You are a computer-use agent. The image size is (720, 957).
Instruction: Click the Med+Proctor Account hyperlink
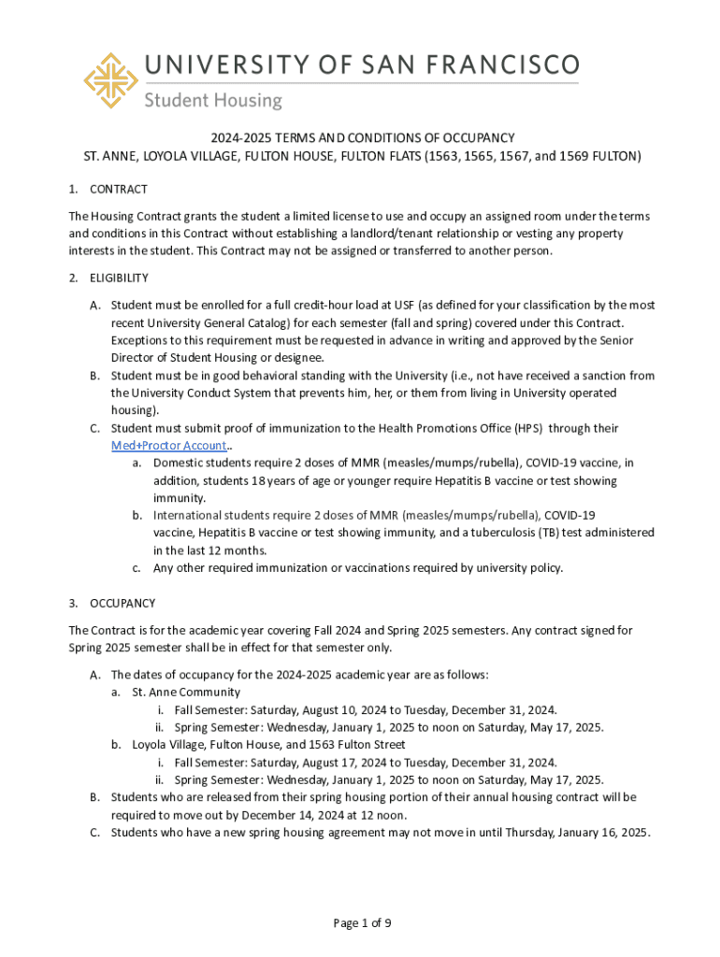coord(169,446)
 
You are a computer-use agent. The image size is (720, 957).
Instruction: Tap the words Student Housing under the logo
coord(212,100)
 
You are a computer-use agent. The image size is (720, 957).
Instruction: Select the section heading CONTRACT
coord(119,190)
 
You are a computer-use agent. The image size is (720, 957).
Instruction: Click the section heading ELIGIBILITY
coord(119,278)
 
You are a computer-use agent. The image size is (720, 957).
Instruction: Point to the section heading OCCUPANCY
coord(122,604)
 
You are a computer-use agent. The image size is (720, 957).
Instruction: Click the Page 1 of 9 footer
coord(362,923)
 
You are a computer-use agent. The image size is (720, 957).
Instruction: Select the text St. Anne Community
coord(186,693)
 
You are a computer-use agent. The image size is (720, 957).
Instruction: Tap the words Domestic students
coord(201,463)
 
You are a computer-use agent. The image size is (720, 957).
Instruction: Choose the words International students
coord(216,515)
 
